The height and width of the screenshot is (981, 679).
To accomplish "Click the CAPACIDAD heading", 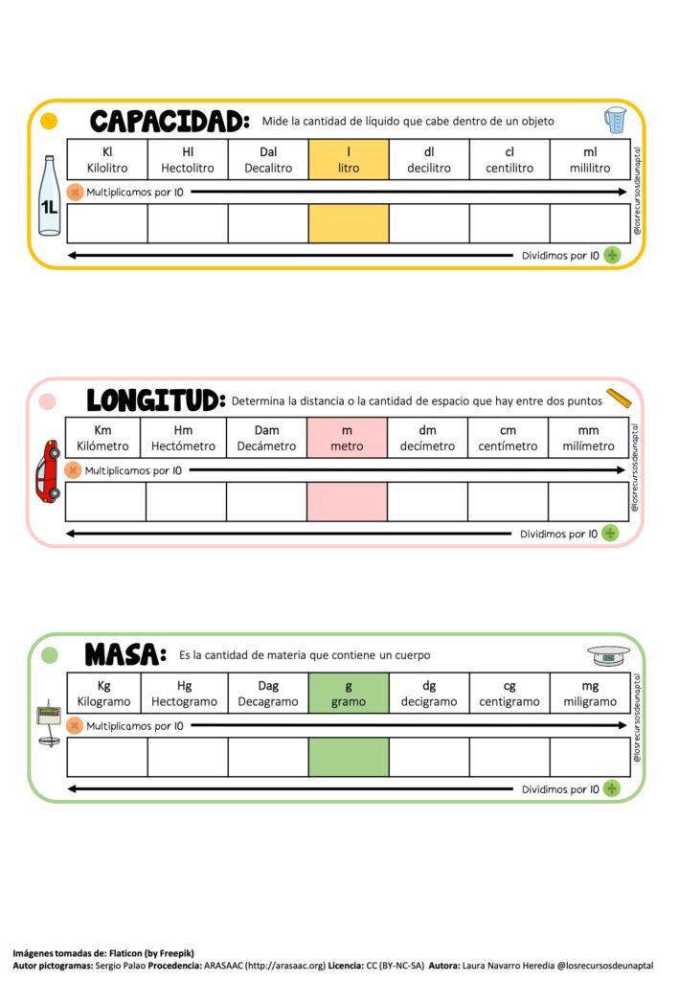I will (170, 122).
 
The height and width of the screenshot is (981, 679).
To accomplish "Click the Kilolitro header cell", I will (106, 159).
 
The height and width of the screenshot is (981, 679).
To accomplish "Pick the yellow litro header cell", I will (349, 159).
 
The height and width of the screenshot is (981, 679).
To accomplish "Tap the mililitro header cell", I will (590, 159).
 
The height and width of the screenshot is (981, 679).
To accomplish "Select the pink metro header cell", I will (347, 438).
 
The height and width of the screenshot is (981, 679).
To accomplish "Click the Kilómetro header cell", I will (102, 438).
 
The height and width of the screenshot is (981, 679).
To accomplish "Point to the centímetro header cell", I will (509, 438).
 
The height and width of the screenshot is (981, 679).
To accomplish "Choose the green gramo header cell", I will (349, 693).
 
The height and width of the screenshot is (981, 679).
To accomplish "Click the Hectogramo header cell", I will (185, 693).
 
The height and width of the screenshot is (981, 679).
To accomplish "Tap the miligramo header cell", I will (590, 693).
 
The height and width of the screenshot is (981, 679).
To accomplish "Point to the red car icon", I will (47, 470).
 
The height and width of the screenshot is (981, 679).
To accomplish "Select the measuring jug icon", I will (614, 120).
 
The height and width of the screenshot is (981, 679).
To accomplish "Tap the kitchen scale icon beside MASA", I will (609, 656).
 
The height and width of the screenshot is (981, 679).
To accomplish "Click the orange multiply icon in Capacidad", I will (75, 192).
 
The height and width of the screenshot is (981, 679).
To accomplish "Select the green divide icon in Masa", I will (611, 788).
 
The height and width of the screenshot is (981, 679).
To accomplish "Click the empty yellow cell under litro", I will (349, 223).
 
